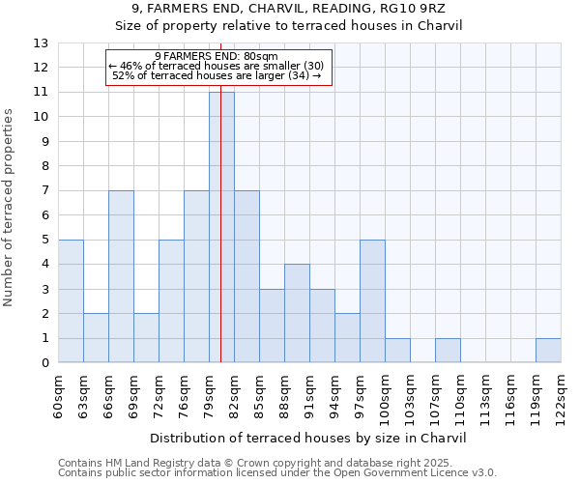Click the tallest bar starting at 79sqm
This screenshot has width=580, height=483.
point(221,227)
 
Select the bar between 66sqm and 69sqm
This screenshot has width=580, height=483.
point(121,276)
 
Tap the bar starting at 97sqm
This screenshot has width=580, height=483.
point(372,301)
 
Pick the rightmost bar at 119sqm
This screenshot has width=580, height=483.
point(548,351)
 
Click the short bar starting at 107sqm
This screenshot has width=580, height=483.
point(448,351)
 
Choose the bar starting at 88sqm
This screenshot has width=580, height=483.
point(297,313)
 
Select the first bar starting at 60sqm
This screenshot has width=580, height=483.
point(71,301)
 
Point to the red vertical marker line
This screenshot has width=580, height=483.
point(221,193)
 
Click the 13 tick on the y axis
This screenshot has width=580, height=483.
point(41,43)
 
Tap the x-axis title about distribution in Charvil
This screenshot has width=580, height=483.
point(309,438)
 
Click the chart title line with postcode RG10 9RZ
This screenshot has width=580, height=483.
point(290,9)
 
